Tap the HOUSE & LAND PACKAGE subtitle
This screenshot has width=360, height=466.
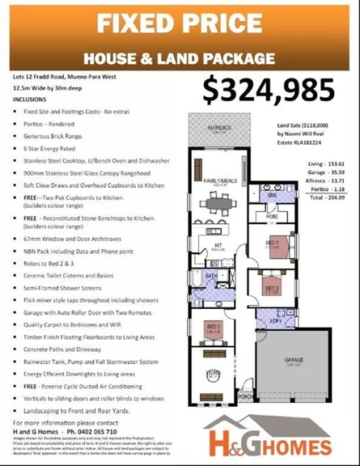(x=180, y=57)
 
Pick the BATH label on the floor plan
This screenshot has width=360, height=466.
(x=210, y=277)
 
